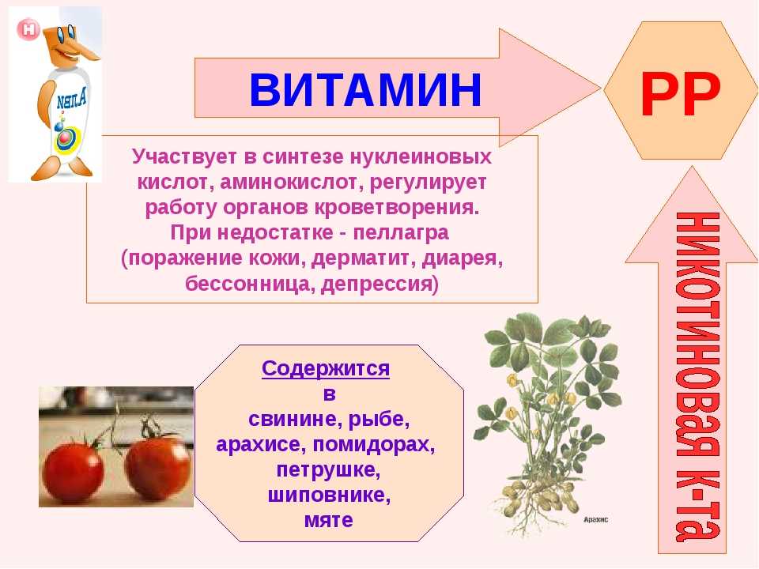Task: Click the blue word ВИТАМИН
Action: [x=365, y=89]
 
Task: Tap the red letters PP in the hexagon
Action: [x=680, y=94]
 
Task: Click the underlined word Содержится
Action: [x=325, y=369]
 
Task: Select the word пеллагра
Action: [x=401, y=232]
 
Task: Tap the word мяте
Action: [x=329, y=520]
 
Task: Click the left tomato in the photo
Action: [x=73, y=469]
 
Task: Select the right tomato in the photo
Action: [x=157, y=467]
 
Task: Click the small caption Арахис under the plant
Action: [x=595, y=519]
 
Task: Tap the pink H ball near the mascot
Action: [x=28, y=29]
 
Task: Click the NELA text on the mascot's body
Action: [x=72, y=100]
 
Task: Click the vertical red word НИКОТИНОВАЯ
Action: [x=697, y=333]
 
